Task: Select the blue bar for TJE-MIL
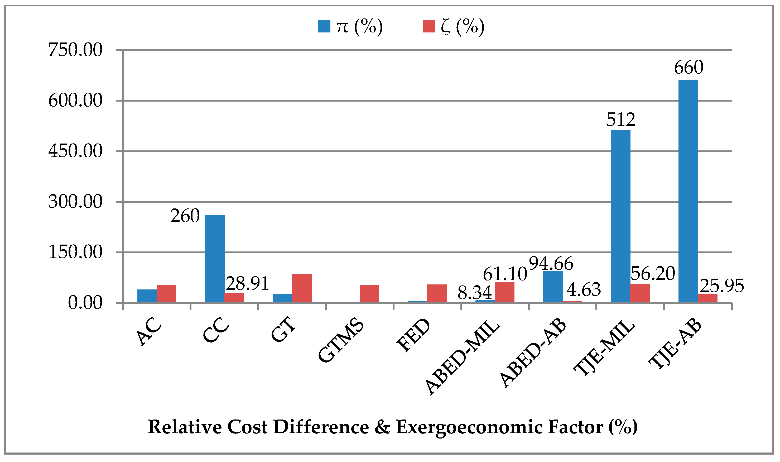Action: (620, 216)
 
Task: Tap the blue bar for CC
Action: (215, 259)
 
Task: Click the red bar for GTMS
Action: (369, 294)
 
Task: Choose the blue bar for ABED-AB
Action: (553, 287)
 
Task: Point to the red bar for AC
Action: (166, 294)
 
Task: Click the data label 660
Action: (688, 67)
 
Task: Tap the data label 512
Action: (621, 120)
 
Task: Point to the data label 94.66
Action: (551, 264)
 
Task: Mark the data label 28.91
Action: (247, 284)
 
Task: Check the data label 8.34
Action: (474, 293)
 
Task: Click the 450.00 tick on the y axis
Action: (75, 151)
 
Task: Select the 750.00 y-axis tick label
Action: (75, 50)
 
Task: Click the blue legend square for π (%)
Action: (324, 26)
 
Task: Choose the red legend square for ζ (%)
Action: (429, 26)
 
